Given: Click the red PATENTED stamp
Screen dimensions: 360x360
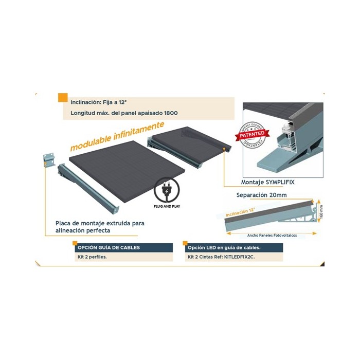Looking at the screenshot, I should [x=253, y=135].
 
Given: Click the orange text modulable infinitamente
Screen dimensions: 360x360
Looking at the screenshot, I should [x=117, y=137].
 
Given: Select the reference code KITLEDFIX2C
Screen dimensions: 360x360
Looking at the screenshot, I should [x=238, y=256].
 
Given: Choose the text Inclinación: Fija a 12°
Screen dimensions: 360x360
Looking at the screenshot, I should [x=99, y=102].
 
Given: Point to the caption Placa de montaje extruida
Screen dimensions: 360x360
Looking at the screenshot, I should [x=100, y=224].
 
